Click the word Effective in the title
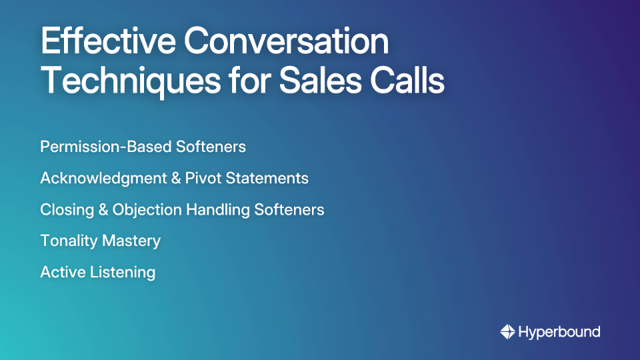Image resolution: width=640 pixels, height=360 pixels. coord(107,42)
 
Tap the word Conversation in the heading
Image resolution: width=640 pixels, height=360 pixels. coord(287,42)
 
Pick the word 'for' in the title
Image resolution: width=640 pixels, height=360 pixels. coord(244,82)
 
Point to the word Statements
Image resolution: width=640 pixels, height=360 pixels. coord(269,179)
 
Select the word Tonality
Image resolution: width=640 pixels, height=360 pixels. coord(69,241)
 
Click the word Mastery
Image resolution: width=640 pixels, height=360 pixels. coord(131,241)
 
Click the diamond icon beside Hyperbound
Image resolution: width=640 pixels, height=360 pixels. coord(507,331)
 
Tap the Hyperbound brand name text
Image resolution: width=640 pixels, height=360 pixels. coord(559,331)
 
